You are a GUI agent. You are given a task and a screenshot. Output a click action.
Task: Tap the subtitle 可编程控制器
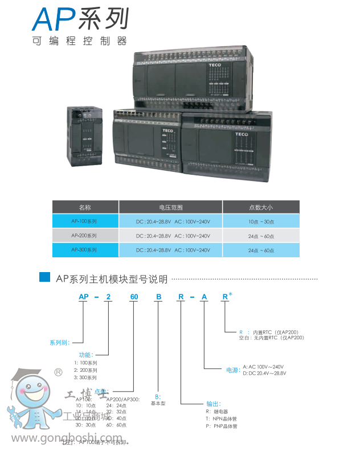(x=80, y=42)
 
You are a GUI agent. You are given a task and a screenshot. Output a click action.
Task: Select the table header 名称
(x=85, y=207)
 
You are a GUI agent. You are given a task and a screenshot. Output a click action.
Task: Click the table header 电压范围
(x=171, y=207)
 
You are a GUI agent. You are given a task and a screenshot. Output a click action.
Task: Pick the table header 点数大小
(x=260, y=207)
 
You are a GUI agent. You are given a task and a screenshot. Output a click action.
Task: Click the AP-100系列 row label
(x=85, y=221)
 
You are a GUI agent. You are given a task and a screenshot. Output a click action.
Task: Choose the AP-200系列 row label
(x=85, y=236)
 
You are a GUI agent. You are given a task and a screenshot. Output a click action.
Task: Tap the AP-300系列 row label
(x=85, y=250)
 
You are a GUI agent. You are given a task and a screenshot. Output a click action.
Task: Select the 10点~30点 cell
(x=260, y=221)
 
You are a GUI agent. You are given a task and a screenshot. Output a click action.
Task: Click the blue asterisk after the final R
(x=230, y=294)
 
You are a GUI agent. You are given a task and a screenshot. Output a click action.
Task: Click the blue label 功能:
(x=85, y=354)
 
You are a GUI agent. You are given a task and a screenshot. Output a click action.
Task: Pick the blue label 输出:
(x=213, y=403)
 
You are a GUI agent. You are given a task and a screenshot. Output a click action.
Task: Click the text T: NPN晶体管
(x=222, y=418)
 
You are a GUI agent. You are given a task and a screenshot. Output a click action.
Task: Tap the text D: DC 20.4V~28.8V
(x=264, y=373)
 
